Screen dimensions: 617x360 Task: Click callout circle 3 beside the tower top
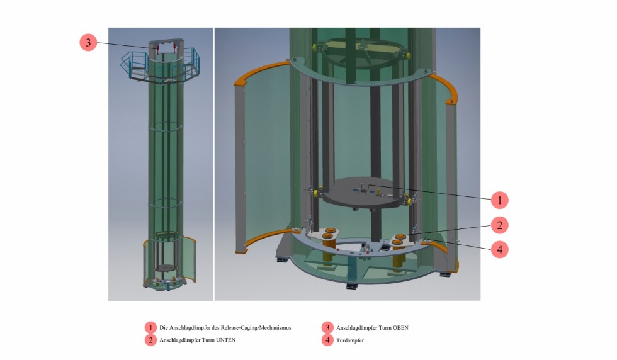pyautogui.click(x=88, y=42)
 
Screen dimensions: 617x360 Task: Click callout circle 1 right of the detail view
pyautogui.click(x=500, y=200)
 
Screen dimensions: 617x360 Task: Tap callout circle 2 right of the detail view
pyautogui.click(x=500, y=225)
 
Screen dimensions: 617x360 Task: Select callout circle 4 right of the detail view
pyautogui.click(x=500, y=249)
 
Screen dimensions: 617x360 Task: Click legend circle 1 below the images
pyautogui.click(x=150, y=327)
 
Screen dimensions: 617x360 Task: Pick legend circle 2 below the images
pyautogui.click(x=150, y=340)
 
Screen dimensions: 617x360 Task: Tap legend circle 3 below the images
pyautogui.click(x=327, y=327)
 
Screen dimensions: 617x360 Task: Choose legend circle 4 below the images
pyautogui.click(x=327, y=340)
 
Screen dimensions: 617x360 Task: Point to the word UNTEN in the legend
pyautogui.click(x=226, y=340)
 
